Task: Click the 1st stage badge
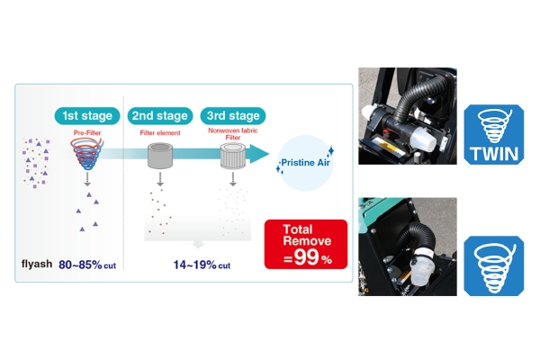pyautogui.click(x=87, y=116)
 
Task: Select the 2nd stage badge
pyautogui.click(x=160, y=116)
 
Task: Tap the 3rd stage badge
pyautogui.click(x=233, y=116)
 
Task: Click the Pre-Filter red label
pyautogui.click(x=87, y=132)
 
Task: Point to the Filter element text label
pyautogui.click(x=160, y=132)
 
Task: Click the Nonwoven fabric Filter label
pyautogui.click(x=233, y=134)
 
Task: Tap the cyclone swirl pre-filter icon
pyautogui.click(x=87, y=154)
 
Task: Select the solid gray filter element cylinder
pyautogui.click(x=160, y=156)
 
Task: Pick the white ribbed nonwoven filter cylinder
pyautogui.click(x=233, y=156)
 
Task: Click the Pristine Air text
pyautogui.click(x=305, y=163)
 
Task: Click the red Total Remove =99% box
pyautogui.click(x=306, y=244)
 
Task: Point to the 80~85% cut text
pyautogui.click(x=87, y=265)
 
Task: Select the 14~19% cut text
pyautogui.click(x=202, y=265)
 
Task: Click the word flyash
pyautogui.click(x=37, y=265)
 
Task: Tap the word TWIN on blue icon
pyautogui.click(x=494, y=154)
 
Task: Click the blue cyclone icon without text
pyautogui.click(x=494, y=265)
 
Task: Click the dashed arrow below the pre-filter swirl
pyautogui.click(x=87, y=179)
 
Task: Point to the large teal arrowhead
pyautogui.click(x=259, y=154)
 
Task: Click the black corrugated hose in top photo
pyautogui.click(x=418, y=99)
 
